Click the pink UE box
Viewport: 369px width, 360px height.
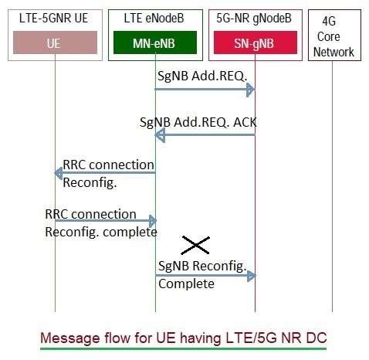click(54, 46)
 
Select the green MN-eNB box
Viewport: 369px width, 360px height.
click(154, 46)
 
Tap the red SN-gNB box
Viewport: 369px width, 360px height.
click(254, 46)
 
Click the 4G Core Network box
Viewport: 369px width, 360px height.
click(334, 34)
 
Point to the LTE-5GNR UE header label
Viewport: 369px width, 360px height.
click(54, 16)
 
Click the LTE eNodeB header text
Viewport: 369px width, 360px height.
click(154, 16)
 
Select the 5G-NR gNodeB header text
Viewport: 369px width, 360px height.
click(254, 16)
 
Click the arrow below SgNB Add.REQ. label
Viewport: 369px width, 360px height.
click(205, 90)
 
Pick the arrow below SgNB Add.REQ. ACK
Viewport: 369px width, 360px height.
click(205, 135)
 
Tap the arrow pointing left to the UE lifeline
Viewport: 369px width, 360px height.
click(104, 174)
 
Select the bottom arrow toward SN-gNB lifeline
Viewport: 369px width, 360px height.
click(205, 275)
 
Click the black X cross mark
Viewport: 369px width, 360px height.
click(195, 246)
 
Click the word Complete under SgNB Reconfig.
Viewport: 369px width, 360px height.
click(186, 284)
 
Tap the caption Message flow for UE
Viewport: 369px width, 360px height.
click(183, 338)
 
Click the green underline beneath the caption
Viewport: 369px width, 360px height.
click(183, 348)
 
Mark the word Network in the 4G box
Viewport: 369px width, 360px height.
click(334, 52)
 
